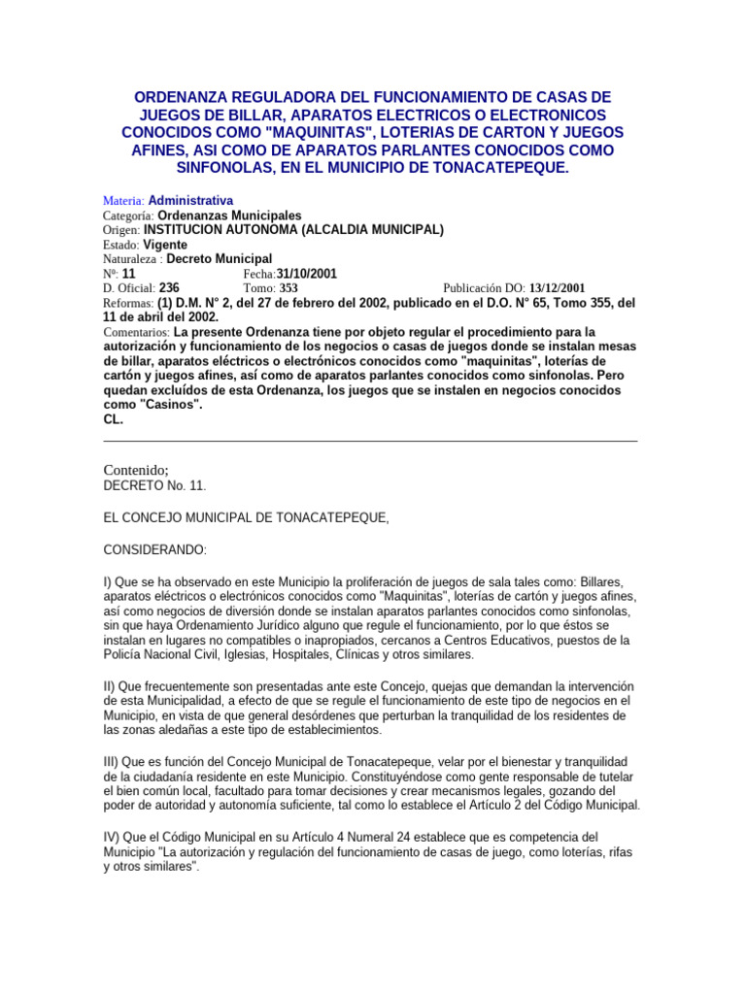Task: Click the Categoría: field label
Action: [128, 215]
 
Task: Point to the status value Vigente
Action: [165, 245]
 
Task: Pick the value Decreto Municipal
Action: [220, 259]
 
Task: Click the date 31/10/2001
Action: [307, 274]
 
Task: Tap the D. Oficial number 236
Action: [169, 288]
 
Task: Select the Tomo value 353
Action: [289, 288]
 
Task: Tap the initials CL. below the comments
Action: [113, 419]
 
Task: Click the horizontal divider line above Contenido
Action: [370, 442]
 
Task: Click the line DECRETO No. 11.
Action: [154, 485]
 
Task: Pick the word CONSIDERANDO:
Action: [154, 550]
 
